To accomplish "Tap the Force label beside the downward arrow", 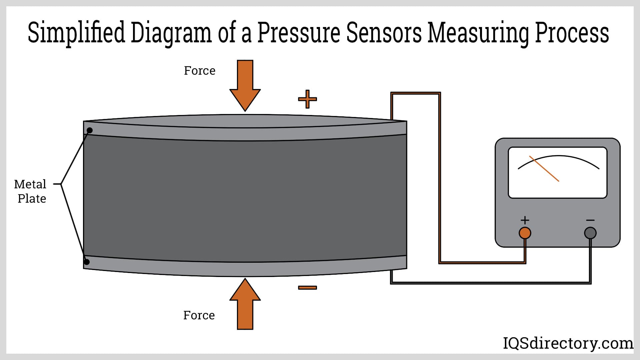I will [x=200, y=71].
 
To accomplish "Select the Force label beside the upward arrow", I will [x=199, y=315].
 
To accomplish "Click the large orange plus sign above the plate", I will [x=307, y=99].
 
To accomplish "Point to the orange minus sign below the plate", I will [x=307, y=288].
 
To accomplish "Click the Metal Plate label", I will [x=31, y=191].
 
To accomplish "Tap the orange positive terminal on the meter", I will [x=525, y=233].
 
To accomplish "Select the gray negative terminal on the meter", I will [x=590, y=233].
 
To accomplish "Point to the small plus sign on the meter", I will [x=525, y=220].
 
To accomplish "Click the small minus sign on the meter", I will [x=590, y=220].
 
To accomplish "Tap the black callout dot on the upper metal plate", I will [x=90, y=130].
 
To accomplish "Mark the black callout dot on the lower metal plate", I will [x=87, y=262].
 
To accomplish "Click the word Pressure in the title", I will [x=298, y=33].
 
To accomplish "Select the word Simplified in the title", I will [x=76, y=33].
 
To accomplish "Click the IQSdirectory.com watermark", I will [x=568, y=343].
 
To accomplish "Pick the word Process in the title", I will [x=572, y=33].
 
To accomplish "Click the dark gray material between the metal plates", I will [x=245, y=198].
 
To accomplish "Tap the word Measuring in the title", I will [x=478, y=33].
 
